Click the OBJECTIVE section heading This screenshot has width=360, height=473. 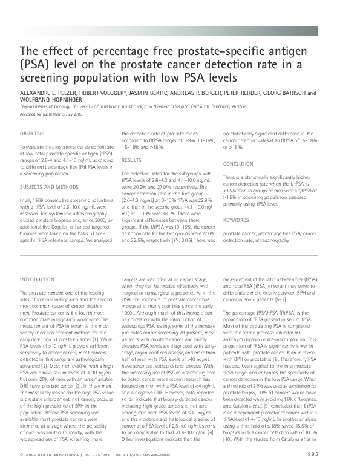pyautogui.click(x=31, y=133)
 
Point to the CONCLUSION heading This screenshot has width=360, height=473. pyautogui.click(x=238, y=164)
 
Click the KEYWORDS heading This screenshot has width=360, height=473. pyautogui.click(x=235, y=220)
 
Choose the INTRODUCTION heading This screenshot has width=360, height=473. pyautogui.click(x=38, y=279)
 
